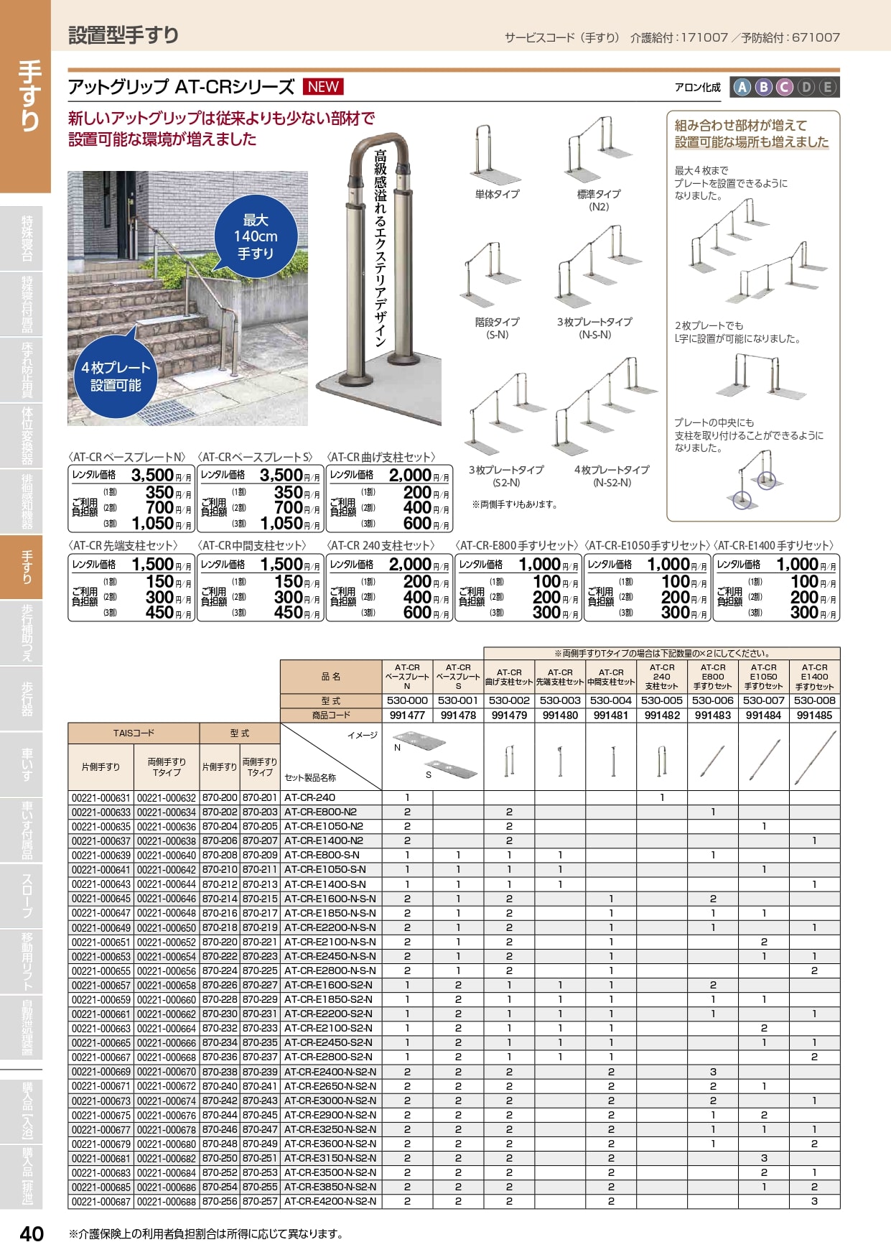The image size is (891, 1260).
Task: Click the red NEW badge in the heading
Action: point(323,87)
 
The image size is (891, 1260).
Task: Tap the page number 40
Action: point(32,1233)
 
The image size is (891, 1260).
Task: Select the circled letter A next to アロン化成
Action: point(742,87)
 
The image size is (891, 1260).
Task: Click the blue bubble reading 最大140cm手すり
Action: point(256,236)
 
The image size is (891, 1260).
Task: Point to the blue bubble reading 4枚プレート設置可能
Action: point(116,376)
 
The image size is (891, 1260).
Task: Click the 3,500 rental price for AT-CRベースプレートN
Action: point(152,475)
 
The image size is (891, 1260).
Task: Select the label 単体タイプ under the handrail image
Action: point(497,194)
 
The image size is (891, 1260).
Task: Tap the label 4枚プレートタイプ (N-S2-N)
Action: point(612,476)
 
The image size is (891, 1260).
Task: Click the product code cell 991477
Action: point(407,715)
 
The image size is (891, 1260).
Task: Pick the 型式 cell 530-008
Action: point(814,700)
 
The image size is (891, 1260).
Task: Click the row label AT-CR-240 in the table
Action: point(309,797)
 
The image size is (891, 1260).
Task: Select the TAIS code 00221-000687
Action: point(101,1201)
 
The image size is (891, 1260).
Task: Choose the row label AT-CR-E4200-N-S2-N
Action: point(330,1201)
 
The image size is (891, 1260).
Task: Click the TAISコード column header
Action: point(134,733)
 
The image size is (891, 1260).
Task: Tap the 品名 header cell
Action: point(331,676)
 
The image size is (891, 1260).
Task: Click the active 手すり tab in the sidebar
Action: point(26,567)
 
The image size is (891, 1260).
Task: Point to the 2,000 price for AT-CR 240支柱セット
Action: point(410,564)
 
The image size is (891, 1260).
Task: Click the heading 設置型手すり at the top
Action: point(123,34)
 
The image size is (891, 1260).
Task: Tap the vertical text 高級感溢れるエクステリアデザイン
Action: point(380,248)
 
